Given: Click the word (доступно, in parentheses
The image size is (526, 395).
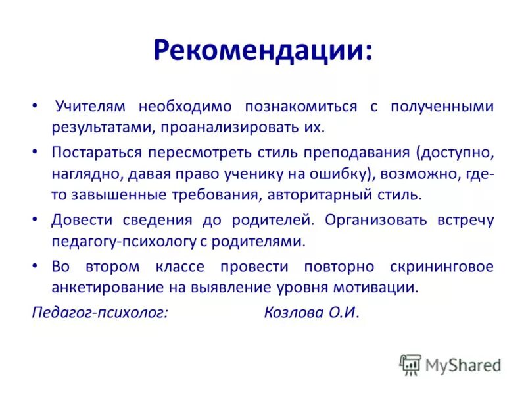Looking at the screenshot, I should tap(454, 152).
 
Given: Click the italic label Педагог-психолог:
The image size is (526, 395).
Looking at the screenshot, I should tap(100, 313).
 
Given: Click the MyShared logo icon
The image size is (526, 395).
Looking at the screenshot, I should tap(410, 363).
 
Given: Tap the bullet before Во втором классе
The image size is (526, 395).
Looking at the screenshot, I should tap(35, 266).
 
